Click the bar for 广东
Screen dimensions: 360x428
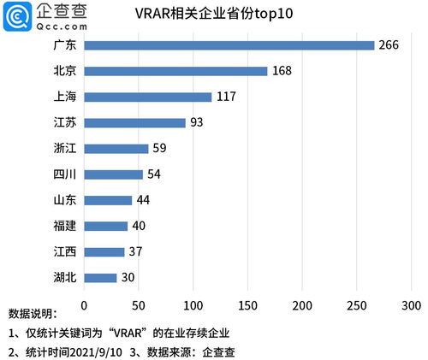pos(229,45)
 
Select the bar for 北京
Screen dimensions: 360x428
pos(176,71)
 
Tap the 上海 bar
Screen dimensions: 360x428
pos(148,97)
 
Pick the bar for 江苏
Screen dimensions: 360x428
pos(135,122)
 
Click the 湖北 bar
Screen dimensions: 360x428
pos(101,278)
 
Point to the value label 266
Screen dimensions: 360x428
pos(389,45)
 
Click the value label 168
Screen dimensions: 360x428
pos(282,71)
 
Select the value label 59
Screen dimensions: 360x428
pos(160,149)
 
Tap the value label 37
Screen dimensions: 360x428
pos(136,252)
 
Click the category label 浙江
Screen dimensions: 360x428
pos(64,149)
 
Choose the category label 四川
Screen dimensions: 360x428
pos(64,174)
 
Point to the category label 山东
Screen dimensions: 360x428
pos(64,200)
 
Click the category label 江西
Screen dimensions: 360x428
pos(64,252)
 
